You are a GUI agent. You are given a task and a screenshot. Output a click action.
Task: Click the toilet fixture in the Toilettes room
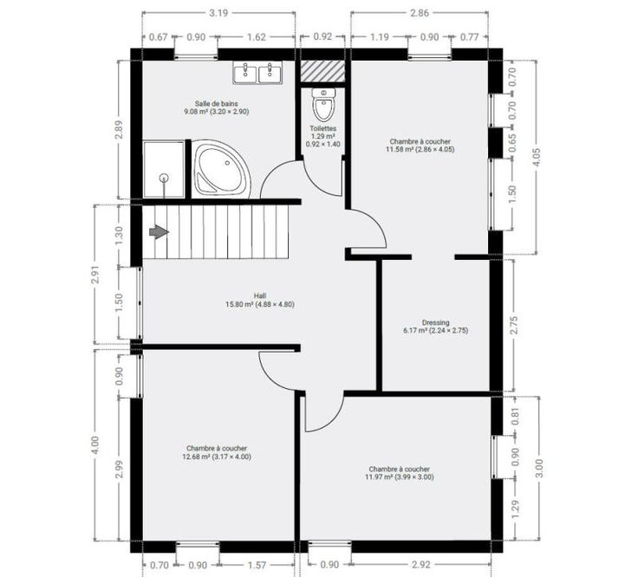coord(323,104)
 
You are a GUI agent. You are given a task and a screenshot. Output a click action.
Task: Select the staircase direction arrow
coord(159,232)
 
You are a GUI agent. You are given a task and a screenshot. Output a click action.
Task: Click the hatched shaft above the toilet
coord(322,70)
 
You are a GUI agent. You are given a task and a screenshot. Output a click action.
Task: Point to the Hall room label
coord(260,295)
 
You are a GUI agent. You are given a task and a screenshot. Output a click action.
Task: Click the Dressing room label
coord(435,322)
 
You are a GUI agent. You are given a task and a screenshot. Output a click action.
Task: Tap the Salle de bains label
coord(216,104)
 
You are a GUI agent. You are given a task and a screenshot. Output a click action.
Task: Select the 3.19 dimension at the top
coord(218,13)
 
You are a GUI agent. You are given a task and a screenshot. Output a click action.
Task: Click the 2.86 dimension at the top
coord(420,13)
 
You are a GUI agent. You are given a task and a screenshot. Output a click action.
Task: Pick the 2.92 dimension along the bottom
coord(420,565)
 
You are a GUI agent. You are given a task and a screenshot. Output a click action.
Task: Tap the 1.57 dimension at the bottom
coord(257,565)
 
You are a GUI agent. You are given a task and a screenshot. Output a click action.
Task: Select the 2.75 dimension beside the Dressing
coord(514,325)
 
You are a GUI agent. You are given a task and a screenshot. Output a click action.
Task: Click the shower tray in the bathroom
coord(164,170)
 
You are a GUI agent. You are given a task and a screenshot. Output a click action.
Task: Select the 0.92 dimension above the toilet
coord(322,36)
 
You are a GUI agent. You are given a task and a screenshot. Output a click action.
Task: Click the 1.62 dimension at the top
coord(257,37)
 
